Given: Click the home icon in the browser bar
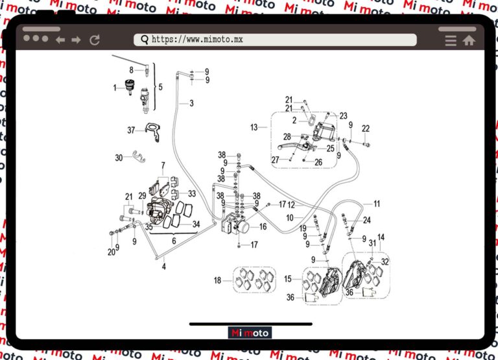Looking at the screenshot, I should (469, 40).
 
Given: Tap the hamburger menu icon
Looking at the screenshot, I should (451, 40).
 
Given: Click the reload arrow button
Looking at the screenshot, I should (95, 40).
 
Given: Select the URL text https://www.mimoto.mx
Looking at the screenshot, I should (197, 40).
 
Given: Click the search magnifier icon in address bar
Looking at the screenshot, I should (144, 40).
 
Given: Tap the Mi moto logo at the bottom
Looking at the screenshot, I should (250, 333).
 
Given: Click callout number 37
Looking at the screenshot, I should (131, 130).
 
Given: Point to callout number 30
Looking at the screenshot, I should (119, 158).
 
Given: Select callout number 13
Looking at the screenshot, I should (254, 128).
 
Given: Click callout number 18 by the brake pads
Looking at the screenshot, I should (218, 280).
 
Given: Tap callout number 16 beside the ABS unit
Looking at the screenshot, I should (263, 227).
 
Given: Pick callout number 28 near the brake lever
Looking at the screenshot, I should (286, 137).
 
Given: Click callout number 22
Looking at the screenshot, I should (366, 128).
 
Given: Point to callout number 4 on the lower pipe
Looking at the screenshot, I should (164, 267).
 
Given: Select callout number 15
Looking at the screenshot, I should (288, 279).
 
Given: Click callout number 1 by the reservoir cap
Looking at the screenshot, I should (115, 87).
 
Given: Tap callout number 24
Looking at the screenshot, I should (367, 220).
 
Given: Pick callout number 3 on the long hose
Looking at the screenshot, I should (191, 103).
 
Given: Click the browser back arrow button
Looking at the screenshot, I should (60, 40).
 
